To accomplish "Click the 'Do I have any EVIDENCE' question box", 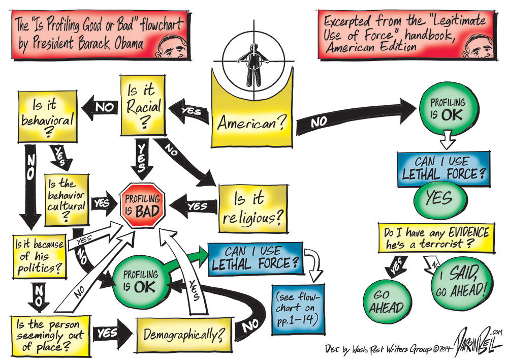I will click(435, 237).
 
